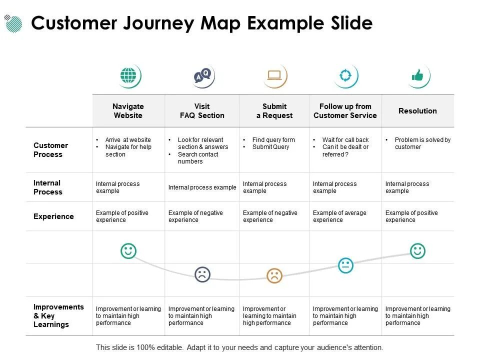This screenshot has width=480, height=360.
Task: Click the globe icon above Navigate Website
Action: point(128,76)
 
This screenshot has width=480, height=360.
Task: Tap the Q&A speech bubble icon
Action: point(202,76)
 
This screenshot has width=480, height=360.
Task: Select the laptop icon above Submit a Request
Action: point(274,75)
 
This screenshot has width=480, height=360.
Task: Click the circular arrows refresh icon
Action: point(345,75)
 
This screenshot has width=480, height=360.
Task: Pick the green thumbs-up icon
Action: point(417,75)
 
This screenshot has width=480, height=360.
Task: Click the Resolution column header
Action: point(417,111)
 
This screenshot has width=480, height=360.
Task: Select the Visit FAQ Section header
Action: point(202,111)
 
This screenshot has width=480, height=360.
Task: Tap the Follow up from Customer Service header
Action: point(345,111)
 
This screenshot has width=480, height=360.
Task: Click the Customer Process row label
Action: point(50,150)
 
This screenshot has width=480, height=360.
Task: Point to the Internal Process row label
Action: point(47,187)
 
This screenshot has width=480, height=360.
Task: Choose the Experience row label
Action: point(53,216)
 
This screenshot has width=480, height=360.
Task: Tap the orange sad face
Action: point(274,275)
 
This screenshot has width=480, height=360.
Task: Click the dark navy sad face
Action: point(202,274)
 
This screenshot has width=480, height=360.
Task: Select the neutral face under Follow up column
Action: point(345,265)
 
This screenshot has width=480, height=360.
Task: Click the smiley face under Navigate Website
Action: point(128,250)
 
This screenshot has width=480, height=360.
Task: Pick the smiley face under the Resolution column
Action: point(417,250)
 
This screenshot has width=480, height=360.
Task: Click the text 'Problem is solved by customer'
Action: point(422,143)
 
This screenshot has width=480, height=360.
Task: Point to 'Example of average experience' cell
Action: point(339,216)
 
